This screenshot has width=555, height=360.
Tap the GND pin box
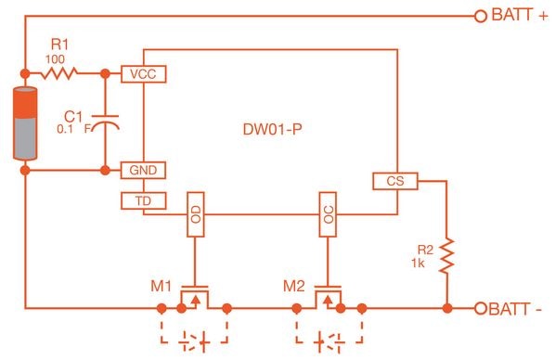pos(142,171)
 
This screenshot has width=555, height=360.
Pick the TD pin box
pos(142,199)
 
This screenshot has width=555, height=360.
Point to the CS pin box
pos(394,181)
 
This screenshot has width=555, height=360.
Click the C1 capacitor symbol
pos(110,122)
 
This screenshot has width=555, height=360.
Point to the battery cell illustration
pos(25,121)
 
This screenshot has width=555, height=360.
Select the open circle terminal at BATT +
pos(480,16)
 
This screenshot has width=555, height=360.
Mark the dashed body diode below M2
pos(328,339)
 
